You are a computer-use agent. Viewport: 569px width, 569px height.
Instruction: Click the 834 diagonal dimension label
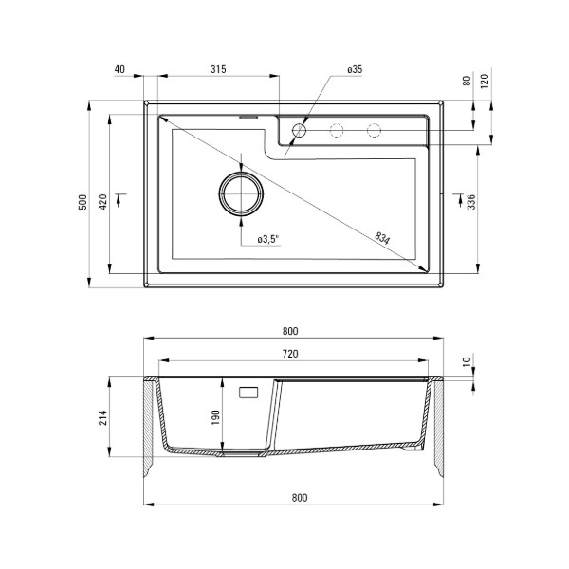382,238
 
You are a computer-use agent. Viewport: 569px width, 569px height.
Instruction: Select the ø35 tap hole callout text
355,69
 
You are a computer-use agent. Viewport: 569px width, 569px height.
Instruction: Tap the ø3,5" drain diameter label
268,239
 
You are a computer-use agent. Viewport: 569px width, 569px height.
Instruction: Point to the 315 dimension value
218,69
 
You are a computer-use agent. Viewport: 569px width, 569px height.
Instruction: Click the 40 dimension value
119,69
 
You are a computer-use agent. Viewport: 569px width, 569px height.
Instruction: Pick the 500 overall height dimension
83,202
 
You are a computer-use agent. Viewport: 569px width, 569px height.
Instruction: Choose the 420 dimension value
102,202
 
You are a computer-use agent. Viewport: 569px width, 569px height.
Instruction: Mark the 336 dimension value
471,202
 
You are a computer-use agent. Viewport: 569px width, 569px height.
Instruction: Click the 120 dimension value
485,81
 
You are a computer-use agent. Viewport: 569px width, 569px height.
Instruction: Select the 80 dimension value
467,81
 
